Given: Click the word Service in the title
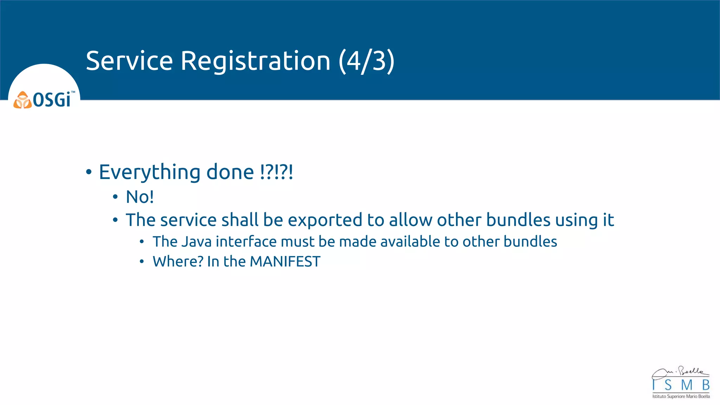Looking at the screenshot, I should click(129, 61).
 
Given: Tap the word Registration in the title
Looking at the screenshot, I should click(255, 61).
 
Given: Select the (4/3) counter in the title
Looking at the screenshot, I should click(366, 61).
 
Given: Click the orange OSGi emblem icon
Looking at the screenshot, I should click(22, 100).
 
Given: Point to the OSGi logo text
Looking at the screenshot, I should click(52, 100).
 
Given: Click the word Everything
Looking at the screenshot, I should click(149, 172).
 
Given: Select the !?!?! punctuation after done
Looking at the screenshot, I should click(276, 172).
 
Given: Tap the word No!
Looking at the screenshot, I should click(140, 197).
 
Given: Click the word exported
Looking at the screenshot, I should click(325, 220).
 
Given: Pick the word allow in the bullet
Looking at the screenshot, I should click(410, 220).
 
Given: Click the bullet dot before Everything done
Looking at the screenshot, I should click(89, 172).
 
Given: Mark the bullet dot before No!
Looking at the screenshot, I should click(115, 197).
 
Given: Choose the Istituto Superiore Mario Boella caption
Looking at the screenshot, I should click(681, 397).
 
